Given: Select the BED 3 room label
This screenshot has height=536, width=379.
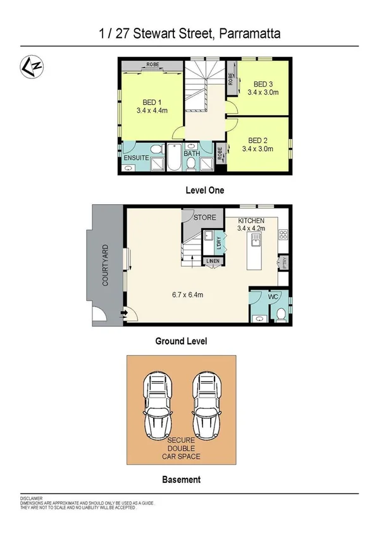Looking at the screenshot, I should tap(263, 84).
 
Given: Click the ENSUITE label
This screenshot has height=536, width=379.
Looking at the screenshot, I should tap(136, 157).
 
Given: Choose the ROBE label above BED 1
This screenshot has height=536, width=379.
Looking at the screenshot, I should tap(152, 64).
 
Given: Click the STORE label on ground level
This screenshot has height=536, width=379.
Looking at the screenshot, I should tap(204, 217).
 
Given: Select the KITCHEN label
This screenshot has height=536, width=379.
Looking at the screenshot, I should tap(251, 221).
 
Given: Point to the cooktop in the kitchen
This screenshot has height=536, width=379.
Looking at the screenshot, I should tap(283, 234).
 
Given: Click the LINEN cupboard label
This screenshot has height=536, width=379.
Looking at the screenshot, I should tap(212, 261).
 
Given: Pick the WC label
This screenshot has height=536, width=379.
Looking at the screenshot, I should tap(273, 295).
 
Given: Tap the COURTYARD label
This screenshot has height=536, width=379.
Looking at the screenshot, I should tap(106, 265).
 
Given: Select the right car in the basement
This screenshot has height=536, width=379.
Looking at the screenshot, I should tap(207, 402).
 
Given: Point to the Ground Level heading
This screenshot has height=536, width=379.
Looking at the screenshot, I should tap(182, 341).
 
